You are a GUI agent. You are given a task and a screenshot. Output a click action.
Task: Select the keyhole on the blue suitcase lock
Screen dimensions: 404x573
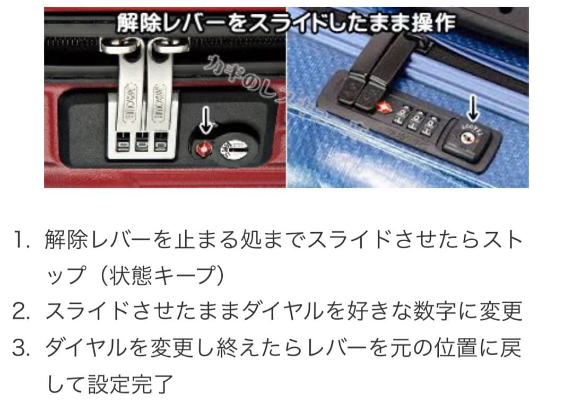[467, 136]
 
